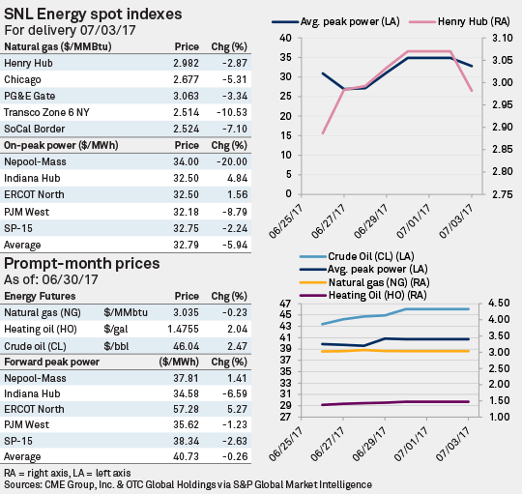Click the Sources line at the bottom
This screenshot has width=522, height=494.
193,483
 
